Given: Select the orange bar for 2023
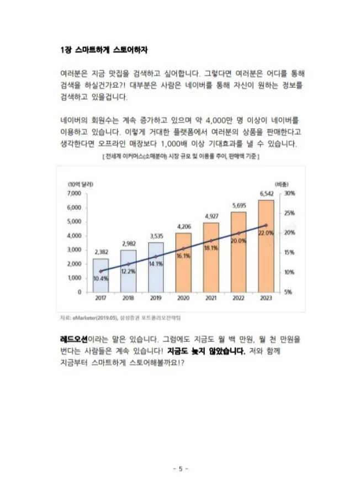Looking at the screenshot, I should (x=266, y=246).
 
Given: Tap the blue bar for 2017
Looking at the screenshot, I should (x=100, y=275).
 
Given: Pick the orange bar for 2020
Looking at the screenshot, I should (x=183, y=262).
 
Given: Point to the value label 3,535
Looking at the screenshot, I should (x=156, y=236).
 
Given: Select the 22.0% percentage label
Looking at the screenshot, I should (x=266, y=233).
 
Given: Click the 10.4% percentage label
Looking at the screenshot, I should (x=100, y=279).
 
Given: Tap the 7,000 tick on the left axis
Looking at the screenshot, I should (x=74, y=194).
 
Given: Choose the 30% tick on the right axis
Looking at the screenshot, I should (x=289, y=194).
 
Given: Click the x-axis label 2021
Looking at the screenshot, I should (x=211, y=299).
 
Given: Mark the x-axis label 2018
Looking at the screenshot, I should (x=128, y=299).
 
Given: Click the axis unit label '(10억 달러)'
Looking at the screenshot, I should (x=80, y=184).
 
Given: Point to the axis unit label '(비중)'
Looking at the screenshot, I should (x=282, y=184).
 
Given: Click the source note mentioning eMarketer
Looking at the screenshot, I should (x=120, y=318).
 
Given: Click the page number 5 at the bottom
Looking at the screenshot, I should (x=180, y=469).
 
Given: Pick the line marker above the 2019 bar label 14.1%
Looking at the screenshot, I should (x=156, y=257).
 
